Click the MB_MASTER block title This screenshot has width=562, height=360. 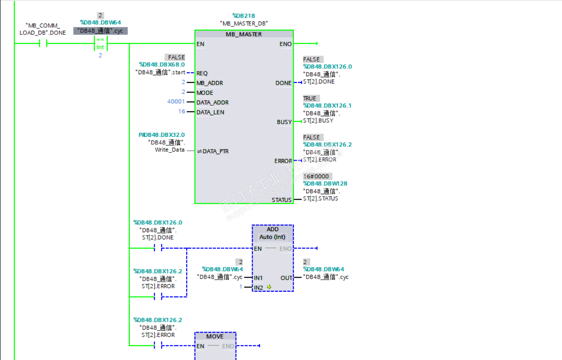point(244,34)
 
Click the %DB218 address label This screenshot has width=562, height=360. point(243,16)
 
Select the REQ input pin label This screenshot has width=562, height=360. point(202,73)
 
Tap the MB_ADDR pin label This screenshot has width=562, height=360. point(210,83)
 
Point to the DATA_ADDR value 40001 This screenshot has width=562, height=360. point(176,102)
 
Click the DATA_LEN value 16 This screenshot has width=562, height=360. point(182,111)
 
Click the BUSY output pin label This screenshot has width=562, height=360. point(284,122)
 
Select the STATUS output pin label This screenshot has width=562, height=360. point(281,200)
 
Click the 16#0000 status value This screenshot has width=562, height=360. point(316,176)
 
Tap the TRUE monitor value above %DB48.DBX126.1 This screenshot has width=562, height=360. point(310,98)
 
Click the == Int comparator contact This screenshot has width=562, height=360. point(100,44)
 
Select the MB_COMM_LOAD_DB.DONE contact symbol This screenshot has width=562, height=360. point(43,43)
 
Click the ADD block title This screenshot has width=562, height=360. point(272,229)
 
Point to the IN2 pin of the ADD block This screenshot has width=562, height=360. point(258,288)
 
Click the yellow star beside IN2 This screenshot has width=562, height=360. point(269,287)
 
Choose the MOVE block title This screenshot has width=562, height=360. point(215,336)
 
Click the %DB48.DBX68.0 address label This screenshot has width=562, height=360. point(162,65)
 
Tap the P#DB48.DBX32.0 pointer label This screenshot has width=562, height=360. point(162,135)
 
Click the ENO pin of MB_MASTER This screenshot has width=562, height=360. point(285,44)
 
